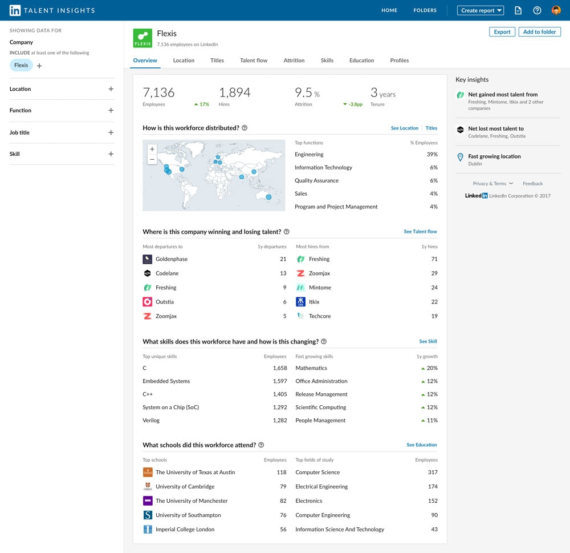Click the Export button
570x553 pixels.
(x=502, y=32)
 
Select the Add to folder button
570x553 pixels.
(x=539, y=32)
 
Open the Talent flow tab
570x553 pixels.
(x=254, y=60)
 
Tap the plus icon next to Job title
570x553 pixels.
(x=111, y=132)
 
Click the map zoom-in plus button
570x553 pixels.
(x=152, y=149)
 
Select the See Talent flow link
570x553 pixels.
(x=420, y=232)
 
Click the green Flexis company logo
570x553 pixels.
(x=142, y=38)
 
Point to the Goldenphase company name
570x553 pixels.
(x=172, y=259)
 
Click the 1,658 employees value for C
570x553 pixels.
(x=280, y=368)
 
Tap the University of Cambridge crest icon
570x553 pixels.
(x=148, y=487)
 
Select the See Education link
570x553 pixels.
(x=422, y=445)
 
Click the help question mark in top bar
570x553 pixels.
(x=537, y=10)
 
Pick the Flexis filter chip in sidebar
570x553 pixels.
(x=21, y=65)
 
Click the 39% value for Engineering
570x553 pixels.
(x=432, y=155)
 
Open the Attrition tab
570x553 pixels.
(x=294, y=60)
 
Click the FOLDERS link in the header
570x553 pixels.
(x=425, y=10)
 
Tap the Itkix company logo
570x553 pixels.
(x=300, y=302)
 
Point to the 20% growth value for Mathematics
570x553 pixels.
(x=431, y=368)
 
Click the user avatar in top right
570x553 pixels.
(x=556, y=10)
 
